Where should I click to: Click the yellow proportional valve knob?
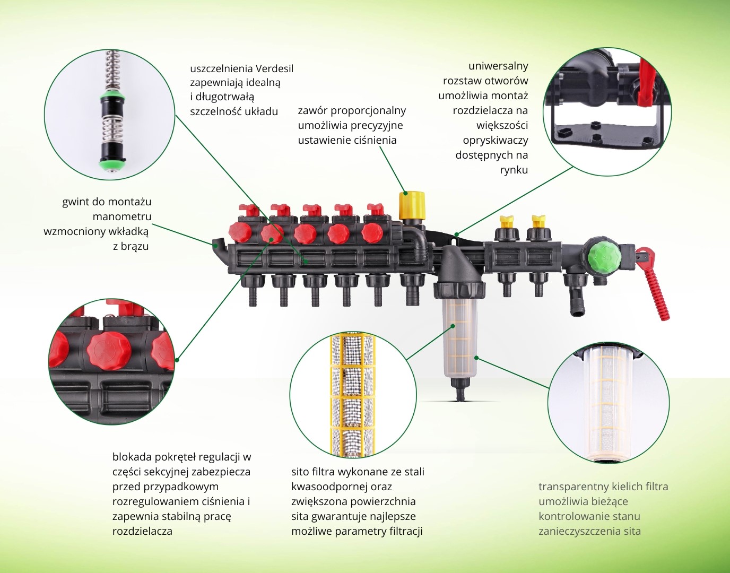pos(412,205)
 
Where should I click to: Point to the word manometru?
pos(121,216)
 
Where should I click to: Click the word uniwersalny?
pos(498,66)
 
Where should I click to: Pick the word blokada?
pos(132,457)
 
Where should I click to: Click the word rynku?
pos(514,170)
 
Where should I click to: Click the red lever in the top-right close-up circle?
pos(648,82)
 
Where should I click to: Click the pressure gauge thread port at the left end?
pos(217,244)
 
